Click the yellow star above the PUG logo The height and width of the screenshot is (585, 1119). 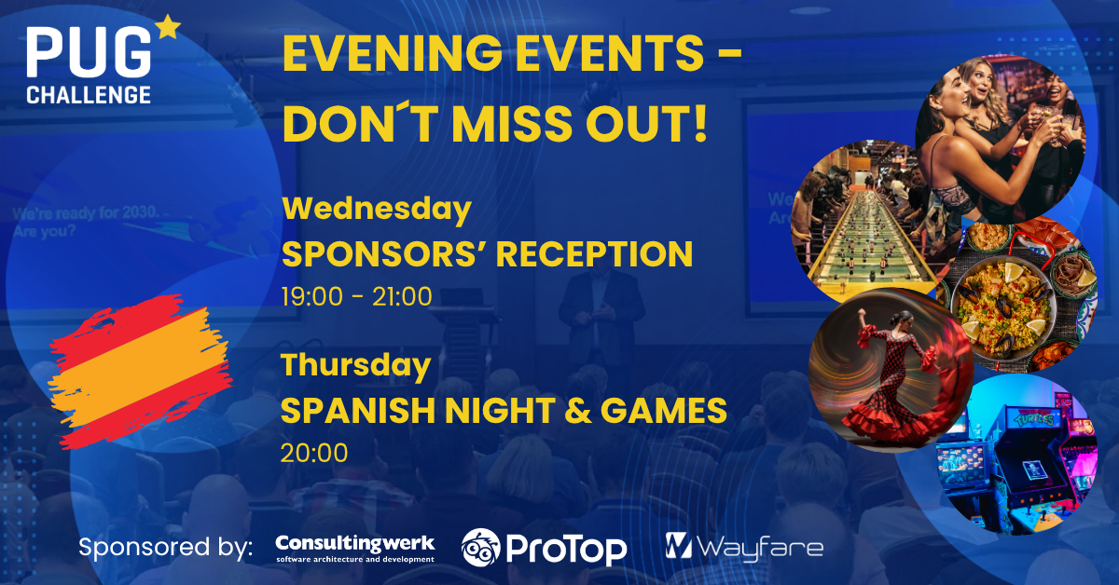click(x=168, y=27)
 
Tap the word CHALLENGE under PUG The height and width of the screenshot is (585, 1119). click(x=89, y=95)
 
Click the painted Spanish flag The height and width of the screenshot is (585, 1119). click(x=140, y=372)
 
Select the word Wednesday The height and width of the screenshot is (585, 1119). click(x=377, y=210)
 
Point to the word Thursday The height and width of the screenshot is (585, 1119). click(x=355, y=365)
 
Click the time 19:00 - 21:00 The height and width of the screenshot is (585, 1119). click(x=356, y=296)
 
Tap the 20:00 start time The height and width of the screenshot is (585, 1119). click(x=314, y=453)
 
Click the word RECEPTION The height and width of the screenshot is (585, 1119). click(x=594, y=254)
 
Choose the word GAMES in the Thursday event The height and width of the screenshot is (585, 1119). click(x=663, y=410)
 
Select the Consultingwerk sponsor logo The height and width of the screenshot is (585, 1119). click(x=355, y=548)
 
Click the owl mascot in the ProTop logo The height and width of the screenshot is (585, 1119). click(x=480, y=548)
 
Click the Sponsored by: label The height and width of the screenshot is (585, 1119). click(x=165, y=548)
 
